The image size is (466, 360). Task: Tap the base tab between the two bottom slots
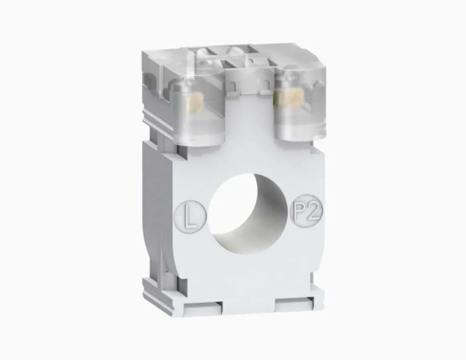[x=248, y=306]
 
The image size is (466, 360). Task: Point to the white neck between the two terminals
[x=249, y=118]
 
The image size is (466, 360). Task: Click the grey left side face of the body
[x=157, y=205]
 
